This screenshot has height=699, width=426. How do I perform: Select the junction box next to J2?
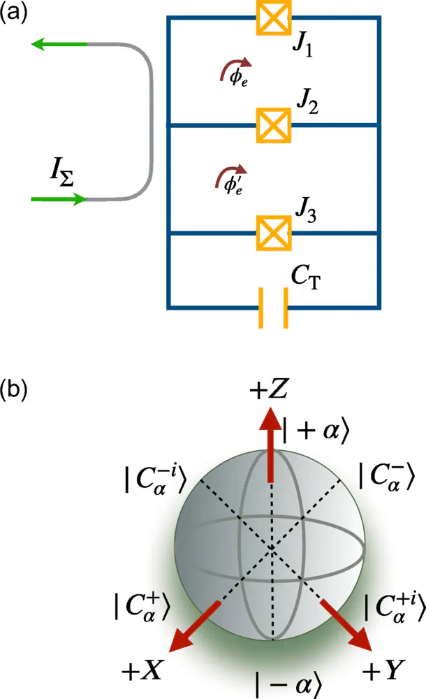[x=274, y=126]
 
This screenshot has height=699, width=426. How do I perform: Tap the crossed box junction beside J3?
[x=274, y=232]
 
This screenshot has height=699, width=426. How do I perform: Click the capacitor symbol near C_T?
[x=274, y=308]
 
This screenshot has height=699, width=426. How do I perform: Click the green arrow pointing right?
[x=59, y=200]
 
